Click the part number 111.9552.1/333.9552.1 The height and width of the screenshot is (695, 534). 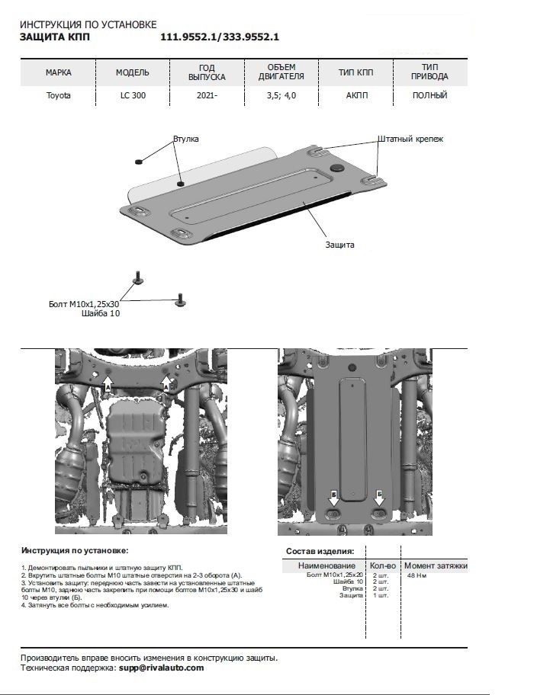coord(220,37)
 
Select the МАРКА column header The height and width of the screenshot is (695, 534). coord(58,73)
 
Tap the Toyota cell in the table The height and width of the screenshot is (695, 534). coord(58,96)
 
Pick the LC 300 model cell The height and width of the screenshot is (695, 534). coord(132,96)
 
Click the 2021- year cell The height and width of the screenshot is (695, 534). coord(206,96)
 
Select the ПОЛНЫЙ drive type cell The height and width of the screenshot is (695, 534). coord(429,96)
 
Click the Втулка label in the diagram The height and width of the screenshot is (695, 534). coord(186,140)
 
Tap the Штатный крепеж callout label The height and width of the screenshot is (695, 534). coord(410,139)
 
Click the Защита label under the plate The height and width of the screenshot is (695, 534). coord(339,245)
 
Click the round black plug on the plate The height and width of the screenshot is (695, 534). coord(336,165)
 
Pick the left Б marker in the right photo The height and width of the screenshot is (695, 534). coord(334,497)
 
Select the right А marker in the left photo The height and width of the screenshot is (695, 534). coord(167,388)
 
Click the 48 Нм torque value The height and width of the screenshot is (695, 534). coord(417,576)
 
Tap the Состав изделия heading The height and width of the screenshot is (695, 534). coord(320,550)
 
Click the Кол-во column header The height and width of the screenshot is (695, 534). coord(382,565)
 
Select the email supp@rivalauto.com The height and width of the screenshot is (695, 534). coord(161,668)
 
